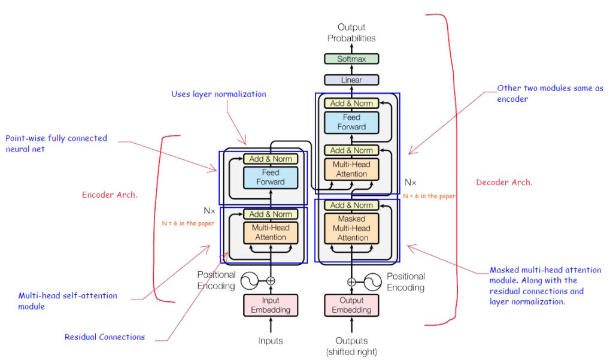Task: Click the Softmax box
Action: (x=351, y=59)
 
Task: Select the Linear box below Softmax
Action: (x=351, y=80)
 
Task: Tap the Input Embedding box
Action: (x=271, y=305)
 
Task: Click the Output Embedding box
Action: (x=351, y=305)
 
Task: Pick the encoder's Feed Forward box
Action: (x=271, y=177)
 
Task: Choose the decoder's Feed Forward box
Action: (x=351, y=122)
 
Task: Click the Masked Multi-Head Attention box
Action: (x=351, y=228)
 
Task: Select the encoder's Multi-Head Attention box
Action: (x=271, y=233)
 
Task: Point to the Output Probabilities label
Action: (x=351, y=32)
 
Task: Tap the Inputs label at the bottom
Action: (x=271, y=341)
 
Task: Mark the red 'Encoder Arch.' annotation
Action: (x=110, y=195)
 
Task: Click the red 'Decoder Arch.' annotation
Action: (x=503, y=182)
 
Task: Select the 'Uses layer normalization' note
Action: (x=219, y=94)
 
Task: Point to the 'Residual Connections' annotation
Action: (x=105, y=337)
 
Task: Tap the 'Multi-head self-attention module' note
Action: (x=68, y=301)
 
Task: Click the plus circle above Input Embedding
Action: (x=271, y=280)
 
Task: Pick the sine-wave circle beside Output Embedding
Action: (x=372, y=280)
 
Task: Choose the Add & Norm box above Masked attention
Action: (x=351, y=205)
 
